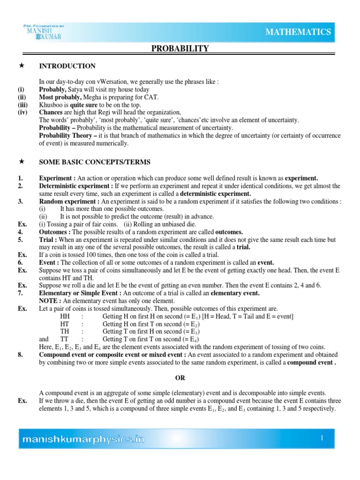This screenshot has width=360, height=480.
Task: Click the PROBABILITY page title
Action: coord(180,49)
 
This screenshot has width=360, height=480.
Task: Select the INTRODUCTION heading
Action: coord(67,66)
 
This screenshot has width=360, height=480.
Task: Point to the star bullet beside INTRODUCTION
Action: coord(21,66)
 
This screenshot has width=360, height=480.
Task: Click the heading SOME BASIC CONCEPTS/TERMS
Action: coord(95,162)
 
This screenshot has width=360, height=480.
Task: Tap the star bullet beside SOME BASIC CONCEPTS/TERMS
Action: coord(21,162)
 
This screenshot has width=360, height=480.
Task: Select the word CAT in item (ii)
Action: coord(152,97)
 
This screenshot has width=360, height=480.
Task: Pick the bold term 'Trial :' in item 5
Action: coord(50,240)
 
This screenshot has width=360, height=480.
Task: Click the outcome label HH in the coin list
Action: coord(66,316)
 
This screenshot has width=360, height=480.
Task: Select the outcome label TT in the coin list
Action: coord(66,339)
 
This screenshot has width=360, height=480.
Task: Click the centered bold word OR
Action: coord(180,378)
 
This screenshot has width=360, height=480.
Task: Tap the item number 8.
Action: coord(21,355)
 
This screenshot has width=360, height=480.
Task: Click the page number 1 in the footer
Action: coord(322,438)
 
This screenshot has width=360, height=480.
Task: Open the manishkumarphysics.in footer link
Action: coord(84,439)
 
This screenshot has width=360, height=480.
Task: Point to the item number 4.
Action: coord(21,232)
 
